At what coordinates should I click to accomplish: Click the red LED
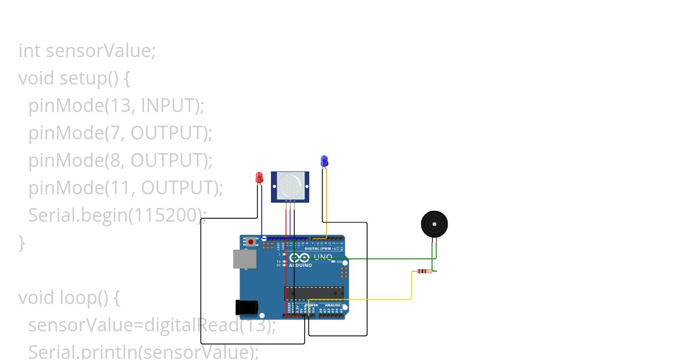point(259,178)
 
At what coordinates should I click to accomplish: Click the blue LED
point(324,161)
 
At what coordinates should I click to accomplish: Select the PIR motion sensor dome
point(290,185)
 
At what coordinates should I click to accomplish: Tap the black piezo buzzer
point(434,225)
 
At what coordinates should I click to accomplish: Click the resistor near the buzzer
point(424,271)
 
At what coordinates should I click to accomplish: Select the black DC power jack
point(246,307)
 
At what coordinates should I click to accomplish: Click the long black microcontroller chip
point(314,293)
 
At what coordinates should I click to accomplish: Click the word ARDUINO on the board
point(301,265)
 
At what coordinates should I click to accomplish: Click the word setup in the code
point(83,78)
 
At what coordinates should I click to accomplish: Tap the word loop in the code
point(77,298)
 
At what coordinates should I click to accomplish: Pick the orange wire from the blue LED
point(326,200)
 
